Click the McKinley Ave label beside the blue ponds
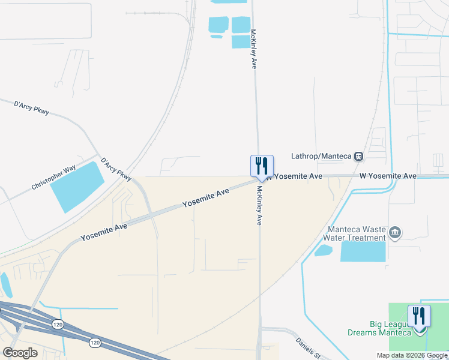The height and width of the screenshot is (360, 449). (253, 49)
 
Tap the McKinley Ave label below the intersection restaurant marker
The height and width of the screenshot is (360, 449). (259, 205)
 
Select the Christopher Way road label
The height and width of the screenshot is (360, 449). (53, 178)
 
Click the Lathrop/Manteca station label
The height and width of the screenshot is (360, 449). (321, 156)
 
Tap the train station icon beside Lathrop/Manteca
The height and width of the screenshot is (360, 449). (358, 156)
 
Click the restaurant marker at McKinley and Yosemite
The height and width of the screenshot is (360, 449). (262, 166)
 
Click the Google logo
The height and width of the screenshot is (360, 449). (20, 352)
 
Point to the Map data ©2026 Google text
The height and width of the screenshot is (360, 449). (412, 355)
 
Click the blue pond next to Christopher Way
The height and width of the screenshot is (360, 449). (76, 187)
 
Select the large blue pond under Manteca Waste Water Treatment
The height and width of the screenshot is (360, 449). (363, 251)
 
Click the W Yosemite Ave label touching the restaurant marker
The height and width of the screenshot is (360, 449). (295, 176)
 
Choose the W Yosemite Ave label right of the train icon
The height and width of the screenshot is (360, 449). (388, 176)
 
